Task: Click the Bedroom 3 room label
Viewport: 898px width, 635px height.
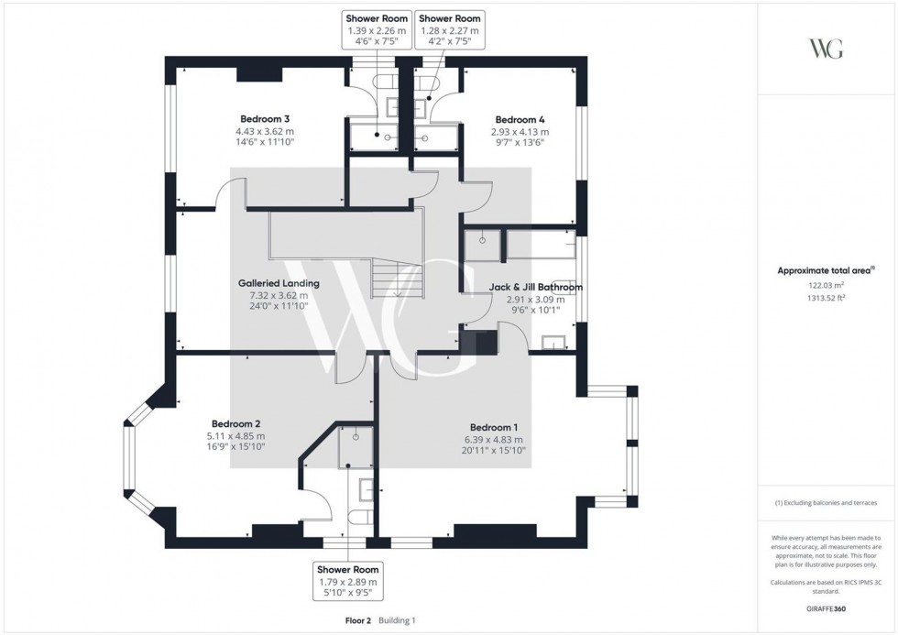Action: pos(265,119)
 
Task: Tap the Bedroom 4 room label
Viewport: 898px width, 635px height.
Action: pos(520,120)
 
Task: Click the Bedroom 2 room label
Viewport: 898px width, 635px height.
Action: pos(236,423)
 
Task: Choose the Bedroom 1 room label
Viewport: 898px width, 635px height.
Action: pos(494,427)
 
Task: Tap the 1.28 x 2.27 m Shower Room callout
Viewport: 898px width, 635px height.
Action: pos(449,30)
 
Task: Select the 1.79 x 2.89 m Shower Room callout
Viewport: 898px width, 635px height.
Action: pos(346,581)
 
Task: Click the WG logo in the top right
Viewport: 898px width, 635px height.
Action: pos(827,49)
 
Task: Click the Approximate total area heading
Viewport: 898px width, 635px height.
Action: pos(827,270)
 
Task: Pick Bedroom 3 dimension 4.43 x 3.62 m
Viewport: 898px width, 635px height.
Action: pos(265,131)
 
